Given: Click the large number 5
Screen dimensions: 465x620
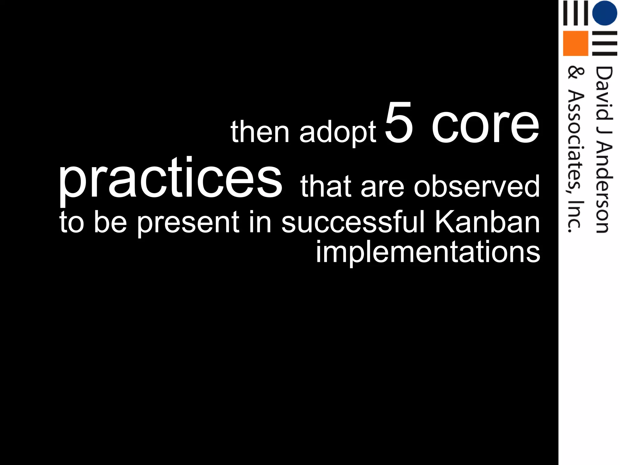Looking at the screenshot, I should pyautogui.click(x=399, y=123).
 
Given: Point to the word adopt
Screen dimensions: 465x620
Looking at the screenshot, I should pyautogui.click(x=338, y=133).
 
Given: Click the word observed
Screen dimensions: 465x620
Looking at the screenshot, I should pyautogui.click(x=477, y=186).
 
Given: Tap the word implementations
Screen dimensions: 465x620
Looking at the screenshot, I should pyautogui.click(x=428, y=252).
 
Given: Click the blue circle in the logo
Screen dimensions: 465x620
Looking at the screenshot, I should pyautogui.click(x=604, y=13).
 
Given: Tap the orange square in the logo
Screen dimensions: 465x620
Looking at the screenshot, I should pyautogui.click(x=575, y=43).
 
